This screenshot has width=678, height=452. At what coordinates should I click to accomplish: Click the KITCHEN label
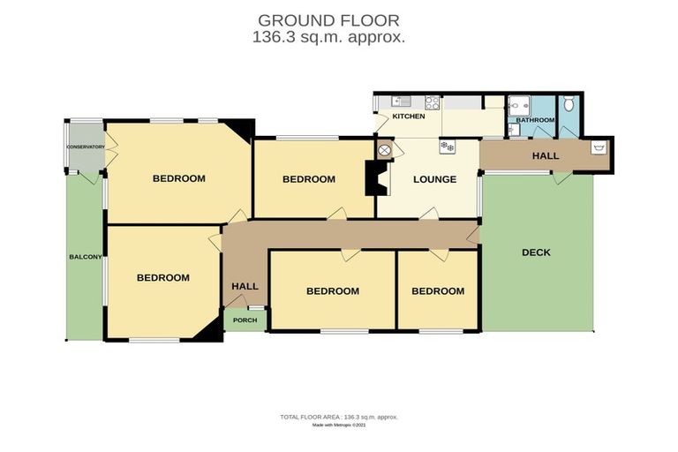pyautogui.click(x=409, y=117)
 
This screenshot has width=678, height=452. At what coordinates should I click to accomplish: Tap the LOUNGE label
pyautogui.click(x=435, y=179)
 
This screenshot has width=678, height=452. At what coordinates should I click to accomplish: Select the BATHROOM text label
pyautogui.click(x=535, y=120)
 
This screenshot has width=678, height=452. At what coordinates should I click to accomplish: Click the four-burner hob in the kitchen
pyautogui.click(x=433, y=102)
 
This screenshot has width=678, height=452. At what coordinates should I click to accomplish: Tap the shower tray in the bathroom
pyautogui.click(x=519, y=104)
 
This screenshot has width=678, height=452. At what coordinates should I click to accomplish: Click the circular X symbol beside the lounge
pyautogui.click(x=384, y=150)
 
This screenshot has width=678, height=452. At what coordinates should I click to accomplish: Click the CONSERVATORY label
pyautogui.click(x=85, y=147)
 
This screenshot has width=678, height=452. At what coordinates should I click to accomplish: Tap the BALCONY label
pyautogui.click(x=86, y=257)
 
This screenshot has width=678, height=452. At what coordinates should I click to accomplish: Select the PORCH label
pyautogui.click(x=245, y=320)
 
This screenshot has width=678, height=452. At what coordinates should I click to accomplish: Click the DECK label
pyautogui.click(x=536, y=252)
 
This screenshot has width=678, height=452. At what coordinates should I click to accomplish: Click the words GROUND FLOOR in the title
pyautogui.click(x=328, y=19)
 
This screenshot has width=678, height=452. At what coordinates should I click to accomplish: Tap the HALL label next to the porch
pyautogui.click(x=245, y=286)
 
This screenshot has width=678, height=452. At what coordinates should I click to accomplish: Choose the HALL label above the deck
pyautogui.click(x=545, y=156)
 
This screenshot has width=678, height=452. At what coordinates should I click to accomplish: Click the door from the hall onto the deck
pyautogui.click(x=559, y=177)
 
